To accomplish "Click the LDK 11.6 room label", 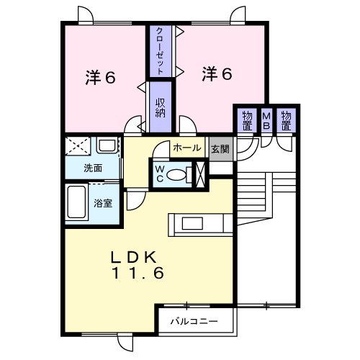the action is [138, 265].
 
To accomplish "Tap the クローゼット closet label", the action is [160, 51].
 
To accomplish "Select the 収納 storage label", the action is [161, 108].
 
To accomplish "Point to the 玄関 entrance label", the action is [220, 149].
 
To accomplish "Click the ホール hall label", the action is [187, 148].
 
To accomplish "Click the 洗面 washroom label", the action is [93, 168].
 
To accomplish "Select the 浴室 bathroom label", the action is [103, 203].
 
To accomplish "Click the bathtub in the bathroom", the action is [76, 202].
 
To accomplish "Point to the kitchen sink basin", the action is [192, 223].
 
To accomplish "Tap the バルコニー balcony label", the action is [194, 321].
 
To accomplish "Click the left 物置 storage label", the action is [247, 121].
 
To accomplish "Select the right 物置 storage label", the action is [286, 121].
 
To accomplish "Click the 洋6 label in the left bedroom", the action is [100, 78].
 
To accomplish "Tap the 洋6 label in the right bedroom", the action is [217, 73].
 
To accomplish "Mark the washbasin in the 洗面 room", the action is [107, 145].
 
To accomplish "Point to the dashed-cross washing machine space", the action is [78, 146].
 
